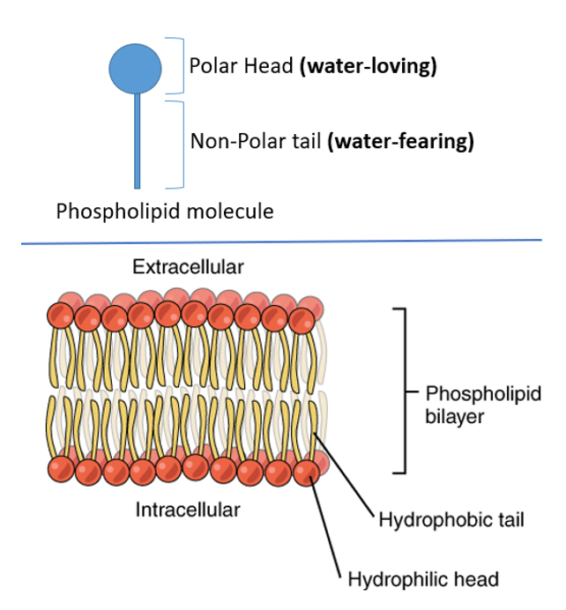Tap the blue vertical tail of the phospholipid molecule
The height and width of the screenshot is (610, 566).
[x=137, y=141]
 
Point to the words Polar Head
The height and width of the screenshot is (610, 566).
[x=231, y=67]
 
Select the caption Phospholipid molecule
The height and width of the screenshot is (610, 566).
[x=165, y=212]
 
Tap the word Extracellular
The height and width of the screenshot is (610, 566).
[x=188, y=265]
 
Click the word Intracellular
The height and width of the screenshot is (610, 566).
[x=188, y=510]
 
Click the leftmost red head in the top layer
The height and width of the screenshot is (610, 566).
[x=61, y=315]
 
